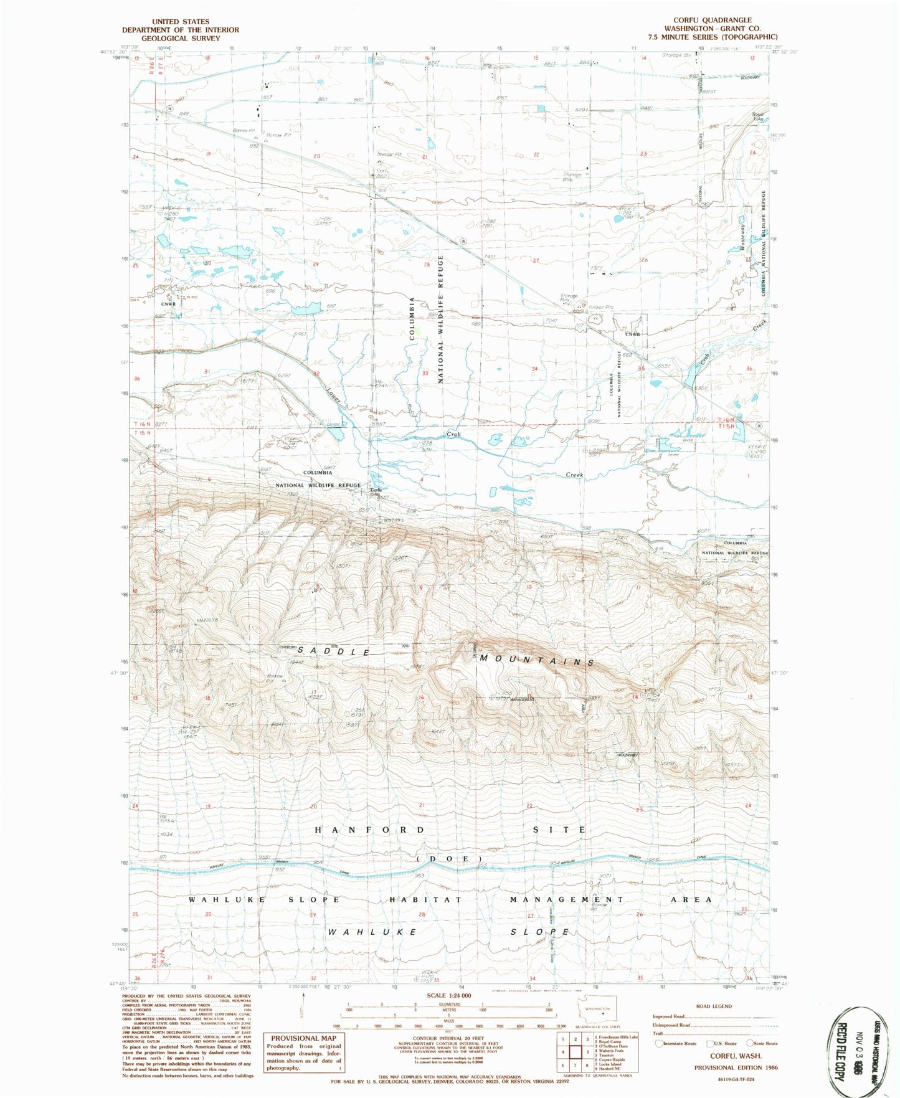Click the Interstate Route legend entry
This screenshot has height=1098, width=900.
point(676,1043)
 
